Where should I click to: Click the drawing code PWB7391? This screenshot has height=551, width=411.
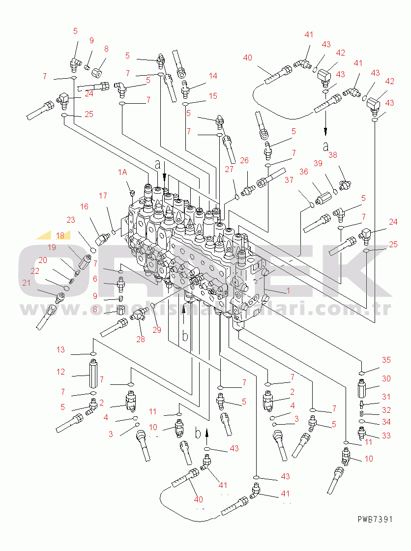(x=375, y=519)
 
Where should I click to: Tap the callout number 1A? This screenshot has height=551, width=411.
(x=122, y=172)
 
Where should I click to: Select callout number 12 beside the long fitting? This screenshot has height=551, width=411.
(x=60, y=372)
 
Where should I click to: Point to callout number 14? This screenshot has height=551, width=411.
(x=213, y=76)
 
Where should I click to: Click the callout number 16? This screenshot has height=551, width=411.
(x=85, y=207)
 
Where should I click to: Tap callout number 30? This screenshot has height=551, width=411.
(x=386, y=378)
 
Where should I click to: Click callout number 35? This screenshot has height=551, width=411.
(x=386, y=360)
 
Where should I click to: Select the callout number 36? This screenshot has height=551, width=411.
(x=304, y=172)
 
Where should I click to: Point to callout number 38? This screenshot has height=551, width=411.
(x=333, y=155)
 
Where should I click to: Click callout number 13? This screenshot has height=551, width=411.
(x=60, y=350)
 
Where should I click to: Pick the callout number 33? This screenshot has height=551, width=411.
(x=386, y=435)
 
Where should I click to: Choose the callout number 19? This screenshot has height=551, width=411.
(x=52, y=247)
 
